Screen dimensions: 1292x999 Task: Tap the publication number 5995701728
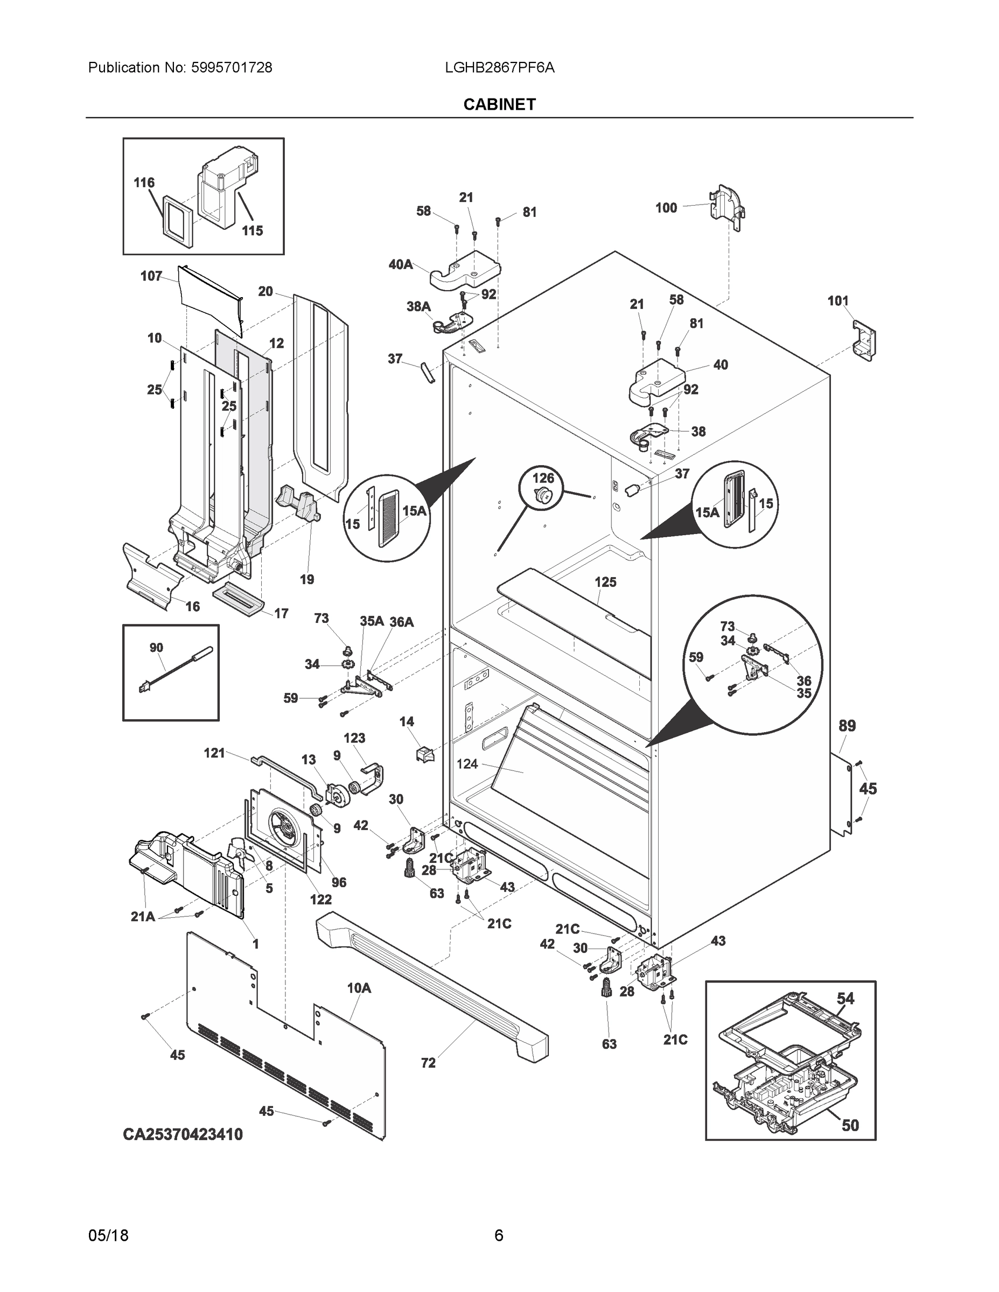pyautogui.click(x=232, y=67)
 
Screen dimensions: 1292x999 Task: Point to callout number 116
pyautogui.click(x=144, y=183)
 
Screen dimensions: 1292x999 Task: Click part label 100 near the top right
pyautogui.click(x=666, y=208)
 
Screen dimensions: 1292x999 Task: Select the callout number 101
pyautogui.click(x=837, y=301)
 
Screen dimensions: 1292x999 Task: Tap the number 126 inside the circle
pyautogui.click(x=543, y=478)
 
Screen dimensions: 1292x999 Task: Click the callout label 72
pyautogui.click(x=428, y=1063)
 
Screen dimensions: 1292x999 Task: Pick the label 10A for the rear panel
pyautogui.click(x=359, y=988)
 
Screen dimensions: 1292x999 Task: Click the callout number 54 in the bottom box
pyautogui.click(x=845, y=999)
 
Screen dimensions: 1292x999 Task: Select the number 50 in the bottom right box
pyautogui.click(x=850, y=1125)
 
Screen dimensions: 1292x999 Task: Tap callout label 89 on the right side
pyautogui.click(x=847, y=726)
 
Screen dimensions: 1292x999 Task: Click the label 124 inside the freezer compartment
pyautogui.click(x=467, y=764)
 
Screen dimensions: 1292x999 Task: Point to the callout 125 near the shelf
pyautogui.click(x=605, y=582)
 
